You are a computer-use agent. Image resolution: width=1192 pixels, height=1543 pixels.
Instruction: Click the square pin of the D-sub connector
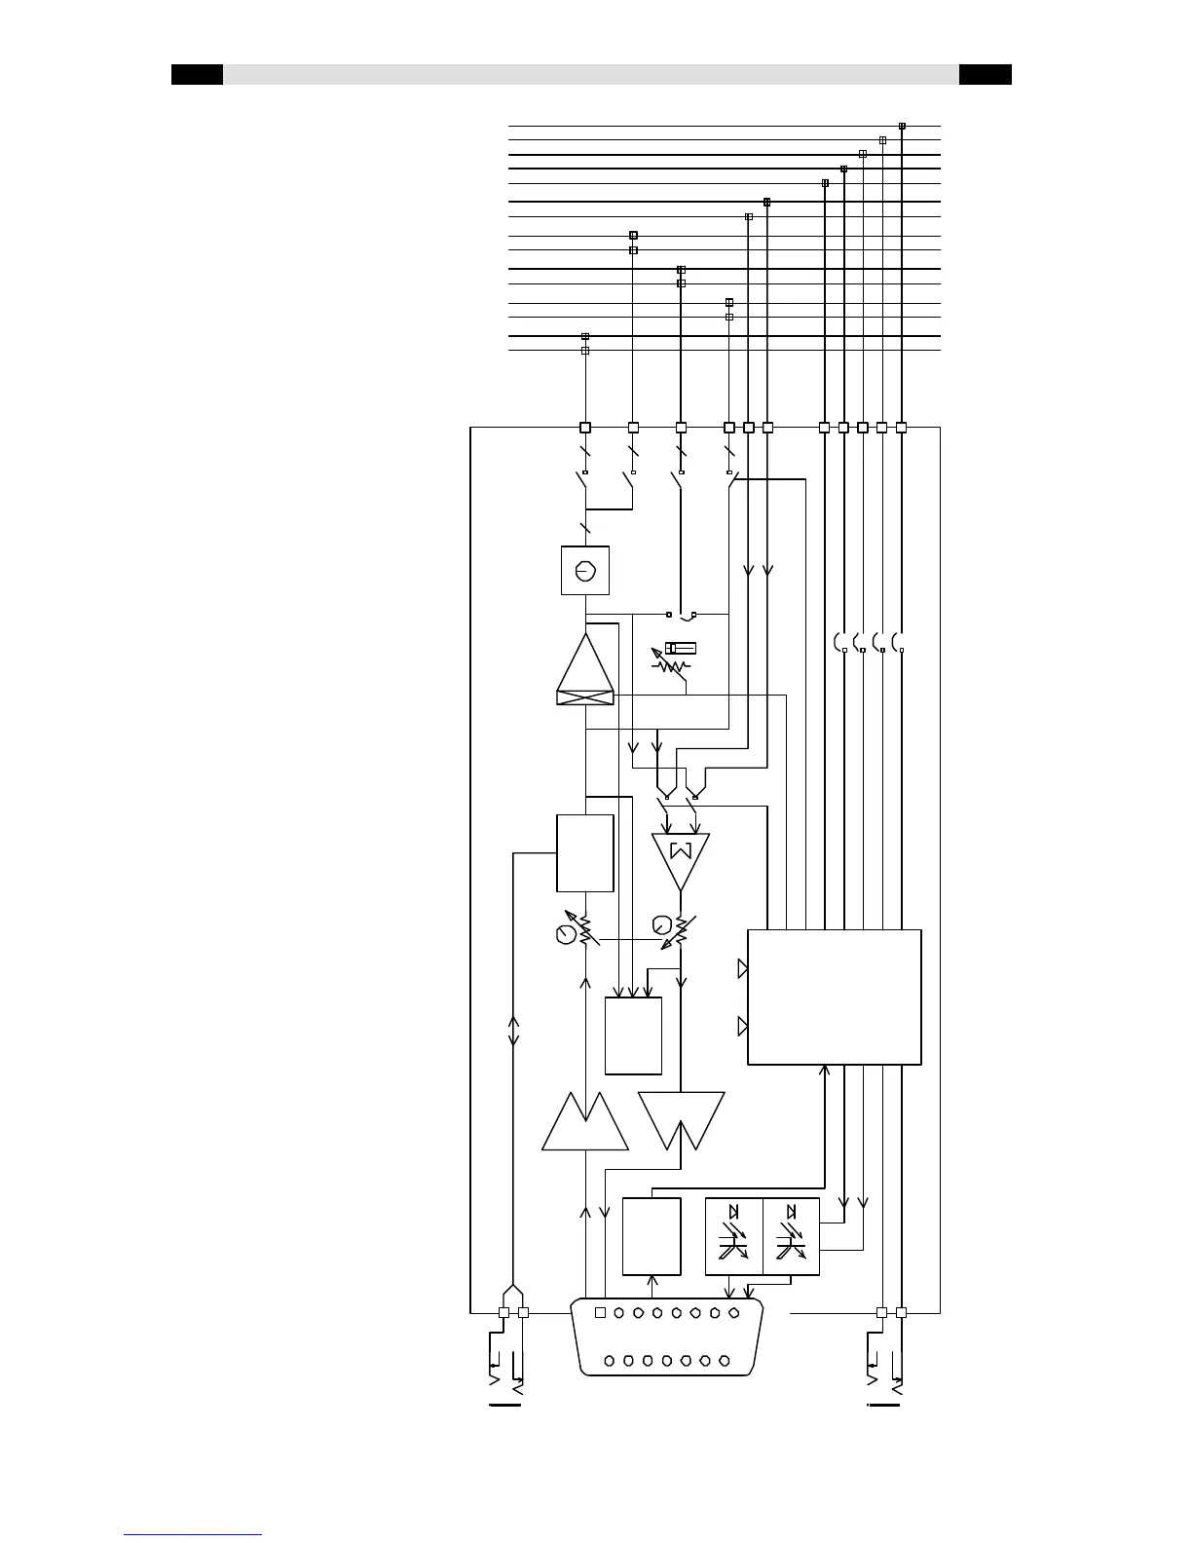[x=600, y=1313]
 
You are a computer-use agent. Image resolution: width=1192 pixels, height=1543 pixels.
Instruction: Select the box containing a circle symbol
[x=585, y=570]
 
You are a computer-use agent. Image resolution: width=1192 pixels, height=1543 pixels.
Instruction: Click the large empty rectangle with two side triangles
[x=834, y=997]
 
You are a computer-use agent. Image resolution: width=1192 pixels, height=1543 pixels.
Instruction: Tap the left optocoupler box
[x=733, y=1236]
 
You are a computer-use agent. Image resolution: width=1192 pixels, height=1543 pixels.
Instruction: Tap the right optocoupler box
[x=791, y=1236]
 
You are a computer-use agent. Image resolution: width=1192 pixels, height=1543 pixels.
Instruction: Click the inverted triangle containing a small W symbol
[x=681, y=857]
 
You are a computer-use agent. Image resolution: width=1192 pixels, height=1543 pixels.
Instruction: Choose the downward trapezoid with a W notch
[x=682, y=1118]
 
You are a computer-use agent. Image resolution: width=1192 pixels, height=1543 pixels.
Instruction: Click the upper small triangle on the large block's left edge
[x=742, y=968]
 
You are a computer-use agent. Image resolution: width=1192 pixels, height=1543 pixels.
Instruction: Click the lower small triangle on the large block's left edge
[x=742, y=1027]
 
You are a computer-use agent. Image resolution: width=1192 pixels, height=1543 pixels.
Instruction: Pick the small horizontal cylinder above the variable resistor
[x=680, y=648]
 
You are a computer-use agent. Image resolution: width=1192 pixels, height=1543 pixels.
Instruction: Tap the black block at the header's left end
[x=197, y=75]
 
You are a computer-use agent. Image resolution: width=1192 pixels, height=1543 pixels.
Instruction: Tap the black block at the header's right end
[x=985, y=75]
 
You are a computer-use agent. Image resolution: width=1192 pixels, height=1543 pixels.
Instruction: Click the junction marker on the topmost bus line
[x=902, y=126]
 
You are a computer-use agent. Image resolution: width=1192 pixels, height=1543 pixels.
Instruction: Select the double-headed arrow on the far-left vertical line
[x=514, y=1031]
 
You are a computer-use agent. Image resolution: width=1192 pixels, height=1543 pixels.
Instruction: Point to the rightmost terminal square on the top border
[x=901, y=427]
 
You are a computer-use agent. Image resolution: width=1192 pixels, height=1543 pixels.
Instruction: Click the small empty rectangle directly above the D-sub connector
[x=651, y=1236]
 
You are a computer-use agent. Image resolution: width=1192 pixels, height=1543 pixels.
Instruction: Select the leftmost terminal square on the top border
[x=585, y=427]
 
